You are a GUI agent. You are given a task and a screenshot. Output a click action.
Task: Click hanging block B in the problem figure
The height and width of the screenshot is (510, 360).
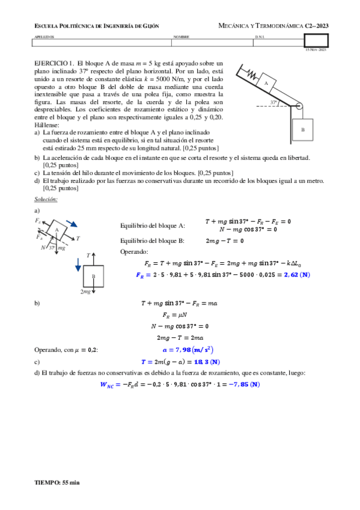click(x=302, y=129)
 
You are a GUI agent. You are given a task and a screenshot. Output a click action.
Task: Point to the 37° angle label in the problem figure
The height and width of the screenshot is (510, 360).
click(x=273, y=103)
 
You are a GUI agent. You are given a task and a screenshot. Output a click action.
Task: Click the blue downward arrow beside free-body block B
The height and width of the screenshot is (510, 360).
click(x=78, y=264)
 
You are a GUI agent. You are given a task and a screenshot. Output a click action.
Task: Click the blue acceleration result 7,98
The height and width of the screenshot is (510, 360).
click(x=189, y=349)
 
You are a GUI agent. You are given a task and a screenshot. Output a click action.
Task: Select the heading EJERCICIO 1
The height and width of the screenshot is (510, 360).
click(x=54, y=63)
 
